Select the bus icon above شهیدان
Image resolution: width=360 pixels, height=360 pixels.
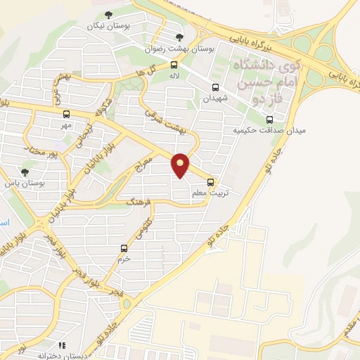(215, 88)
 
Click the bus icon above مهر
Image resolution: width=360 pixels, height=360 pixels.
(66, 114)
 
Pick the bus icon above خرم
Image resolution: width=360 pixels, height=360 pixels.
(124, 247)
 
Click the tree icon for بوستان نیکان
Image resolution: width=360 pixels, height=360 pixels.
(108, 15)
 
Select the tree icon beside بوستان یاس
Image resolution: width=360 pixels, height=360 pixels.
(25, 172)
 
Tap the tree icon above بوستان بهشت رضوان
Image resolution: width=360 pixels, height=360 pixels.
(180, 37)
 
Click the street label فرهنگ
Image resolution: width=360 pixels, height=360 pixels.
(138, 202)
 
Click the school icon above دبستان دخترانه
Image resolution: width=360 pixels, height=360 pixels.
(62, 346)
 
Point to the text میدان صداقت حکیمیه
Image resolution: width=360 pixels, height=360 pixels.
(251, 131)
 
